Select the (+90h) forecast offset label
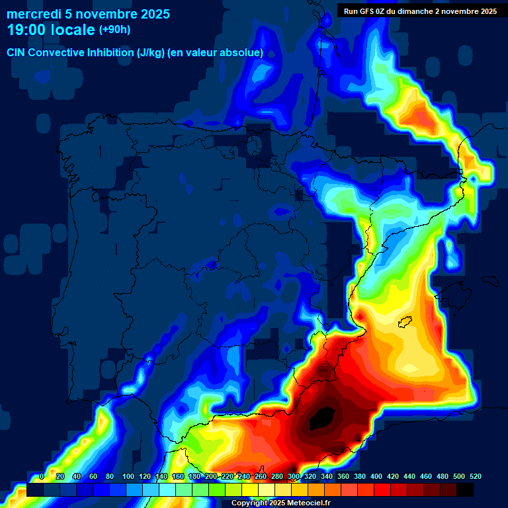[x=114, y=29]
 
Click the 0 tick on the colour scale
[x=42, y=476]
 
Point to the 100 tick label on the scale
[x=128, y=476]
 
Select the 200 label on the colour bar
[x=211, y=476]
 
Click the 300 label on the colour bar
[x=294, y=476]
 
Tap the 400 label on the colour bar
[x=376, y=476]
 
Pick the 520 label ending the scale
[x=476, y=476]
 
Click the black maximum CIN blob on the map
[x=323, y=418]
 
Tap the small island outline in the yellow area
[x=405, y=321]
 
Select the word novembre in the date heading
[x=104, y=14]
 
